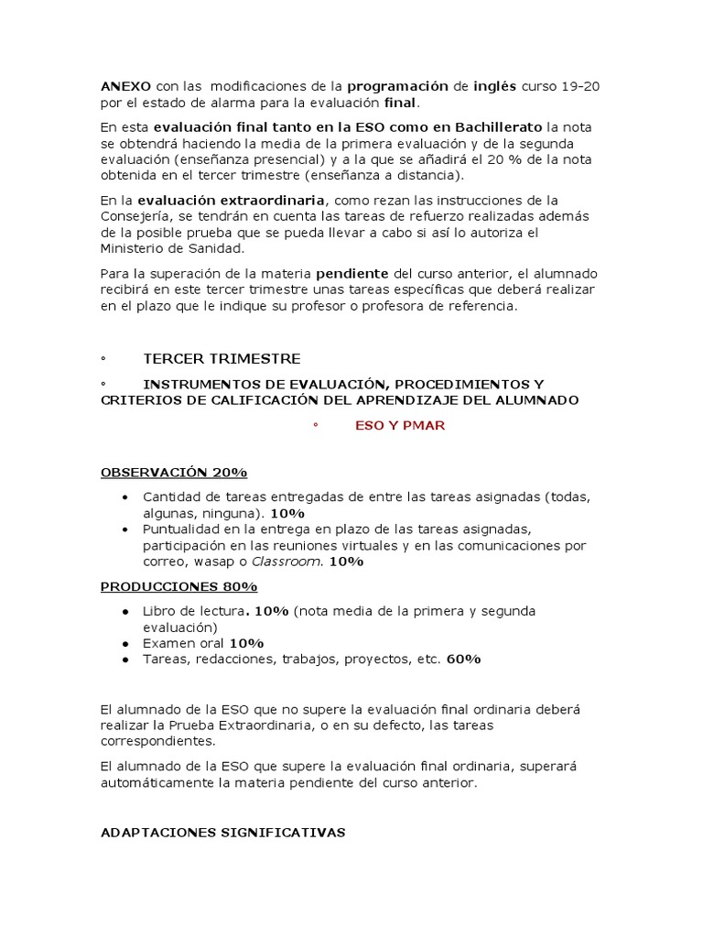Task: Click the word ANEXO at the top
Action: point(126,86)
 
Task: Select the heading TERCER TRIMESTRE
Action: point(222,358)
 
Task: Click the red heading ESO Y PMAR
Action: point(400,426)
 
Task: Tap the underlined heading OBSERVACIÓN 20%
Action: point(174,473)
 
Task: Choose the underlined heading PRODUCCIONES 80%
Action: point(178,586)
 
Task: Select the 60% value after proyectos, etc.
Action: point(464,660)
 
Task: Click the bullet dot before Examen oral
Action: point(124,644)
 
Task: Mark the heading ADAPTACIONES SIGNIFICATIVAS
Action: point(222,832)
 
